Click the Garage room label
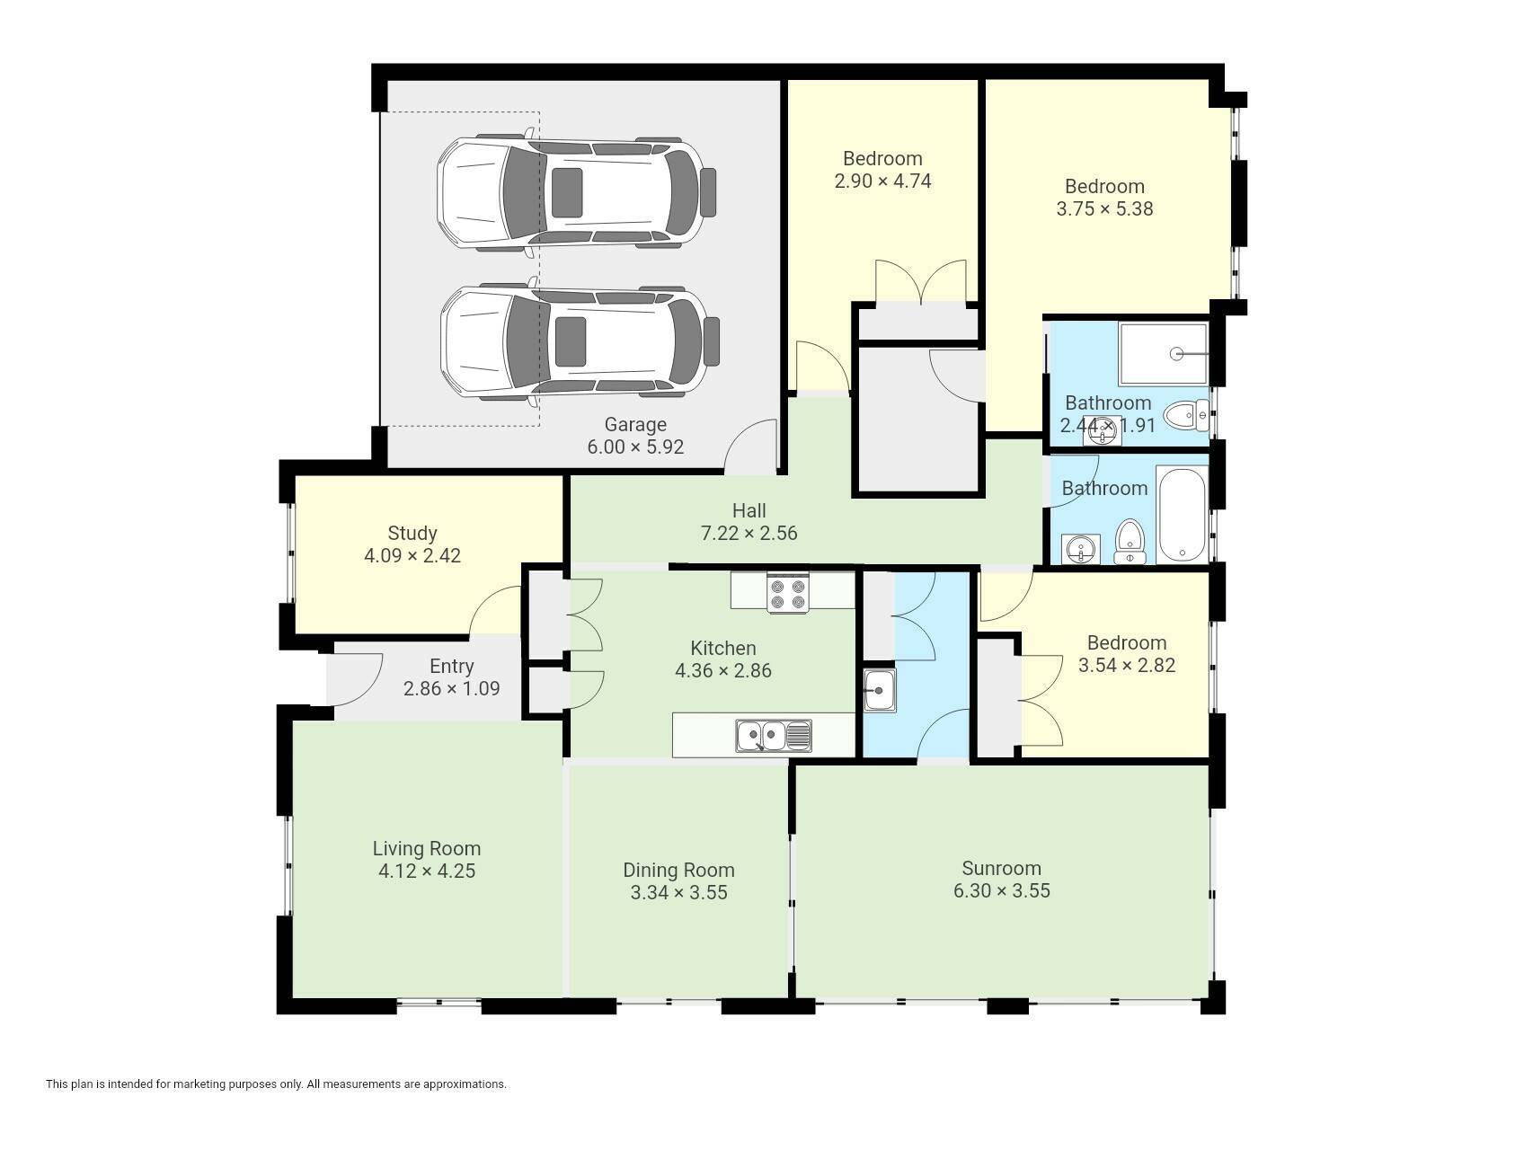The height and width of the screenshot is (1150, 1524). click(x=635, y=424)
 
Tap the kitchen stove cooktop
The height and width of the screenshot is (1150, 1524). click(x=787, y=594)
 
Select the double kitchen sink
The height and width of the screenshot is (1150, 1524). click(x=773, y=736)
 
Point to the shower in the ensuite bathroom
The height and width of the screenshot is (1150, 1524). click(x=1164, y=354)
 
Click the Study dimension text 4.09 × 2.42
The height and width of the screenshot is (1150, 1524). click(x=412, y=555)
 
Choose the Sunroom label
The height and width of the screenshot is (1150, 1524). click(x=1001, y=868)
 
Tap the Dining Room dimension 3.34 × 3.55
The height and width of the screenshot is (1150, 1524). click(x=679, y=892)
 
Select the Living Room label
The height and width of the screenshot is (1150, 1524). click(x=427, y=848)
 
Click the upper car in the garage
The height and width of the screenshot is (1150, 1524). click(x=576, y=192)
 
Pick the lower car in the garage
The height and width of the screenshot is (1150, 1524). click(x=580, y=341)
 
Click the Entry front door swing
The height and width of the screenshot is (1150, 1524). click(x=353, y=680)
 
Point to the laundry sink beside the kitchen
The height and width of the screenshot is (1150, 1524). click(x=880, y=690)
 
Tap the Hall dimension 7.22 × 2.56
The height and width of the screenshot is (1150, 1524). click(x=749, y=533)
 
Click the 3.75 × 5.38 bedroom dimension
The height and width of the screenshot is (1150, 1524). click(x=1105, y=208)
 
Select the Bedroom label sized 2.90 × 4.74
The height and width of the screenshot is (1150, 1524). click(x=882, y=158)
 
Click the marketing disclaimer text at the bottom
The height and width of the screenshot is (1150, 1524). click(x=276, y=1084)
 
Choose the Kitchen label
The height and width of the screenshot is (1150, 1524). click(x=723, y=648)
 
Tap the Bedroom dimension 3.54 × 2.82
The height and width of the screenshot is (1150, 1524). click(x=1127, y=665)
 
